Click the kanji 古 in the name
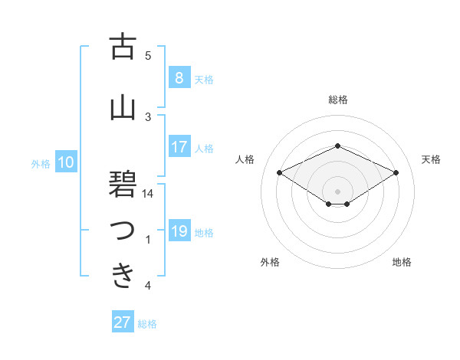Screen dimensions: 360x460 pos(123,48)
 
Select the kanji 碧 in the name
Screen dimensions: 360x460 pos(123,185)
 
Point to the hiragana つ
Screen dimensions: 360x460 pos(123,231)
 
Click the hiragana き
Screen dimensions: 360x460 pos(123,275)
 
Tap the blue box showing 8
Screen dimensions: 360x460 pos(179,77)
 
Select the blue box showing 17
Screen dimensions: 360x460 pos(179,147)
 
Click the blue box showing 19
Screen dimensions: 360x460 pos(179,231)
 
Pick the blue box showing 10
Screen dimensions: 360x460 pos(66,162)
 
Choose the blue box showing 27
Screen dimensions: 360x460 pos(123,322)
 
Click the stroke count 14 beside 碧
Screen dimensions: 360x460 pos(149,194)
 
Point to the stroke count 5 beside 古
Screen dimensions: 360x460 pos(148,56)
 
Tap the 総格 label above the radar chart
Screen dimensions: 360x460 pos(338,100)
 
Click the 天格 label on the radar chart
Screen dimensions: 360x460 pos(432,159)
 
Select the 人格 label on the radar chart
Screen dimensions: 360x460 pos(245,159)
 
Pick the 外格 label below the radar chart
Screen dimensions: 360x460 pos(270,263)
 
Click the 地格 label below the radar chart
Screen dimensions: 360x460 pos(402,263)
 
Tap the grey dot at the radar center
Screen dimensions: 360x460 pos(337,190)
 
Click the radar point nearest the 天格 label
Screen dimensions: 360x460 pos(396,172)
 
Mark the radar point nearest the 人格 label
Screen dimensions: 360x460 pos(280,172)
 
